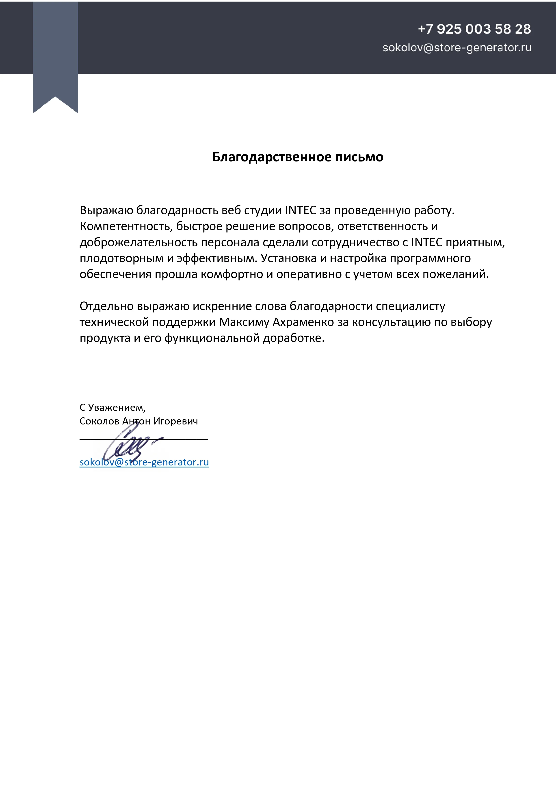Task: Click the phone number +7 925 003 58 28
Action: pyautogui.click(x=474, y=29)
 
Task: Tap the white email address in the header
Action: pyautogui.click(x=457, y=47)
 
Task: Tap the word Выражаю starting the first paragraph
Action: pyautogui.click(x=106, y=210)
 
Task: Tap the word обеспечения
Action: pyautogui.click(x=115, y=274)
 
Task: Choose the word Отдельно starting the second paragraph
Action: pyautogui.click(x=106, y=306)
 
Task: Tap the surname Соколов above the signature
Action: pyautogui.click(x=99, y=421)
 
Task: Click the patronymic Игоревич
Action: pyautogui.click(x=175, y=421)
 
